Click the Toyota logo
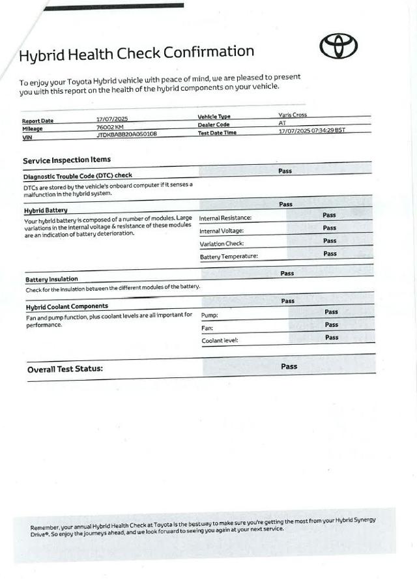(338, 46)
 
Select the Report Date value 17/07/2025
(112, 119)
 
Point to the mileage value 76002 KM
(109, 127)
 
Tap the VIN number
(126, 135)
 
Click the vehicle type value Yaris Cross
(292, 115)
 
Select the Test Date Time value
(311, 130)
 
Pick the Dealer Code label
(214, 124)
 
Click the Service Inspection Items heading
(66, 160)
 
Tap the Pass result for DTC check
(285, 171)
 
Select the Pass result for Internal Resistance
(329, 214)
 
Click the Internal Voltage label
(222, 231)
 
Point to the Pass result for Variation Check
(330, 240)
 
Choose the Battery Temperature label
(229, 256)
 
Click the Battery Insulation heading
(51, 279)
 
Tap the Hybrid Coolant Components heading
(67, 306)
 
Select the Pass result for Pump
(331, 312)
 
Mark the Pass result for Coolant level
(332, 337)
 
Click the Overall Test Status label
(65, 369)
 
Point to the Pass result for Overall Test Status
(289, 366)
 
